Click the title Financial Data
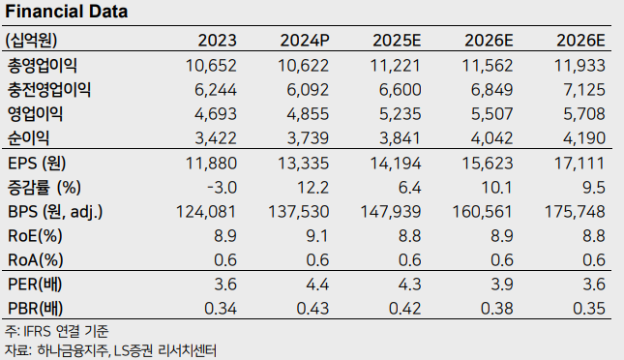[x=67, y=13]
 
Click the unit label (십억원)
[x=32, y=41]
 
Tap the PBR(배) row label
[x=36, y=309]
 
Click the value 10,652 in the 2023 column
[x=210, y=66]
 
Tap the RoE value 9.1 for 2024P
[x=318, y=235]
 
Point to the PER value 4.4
[x=318, y=285]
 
